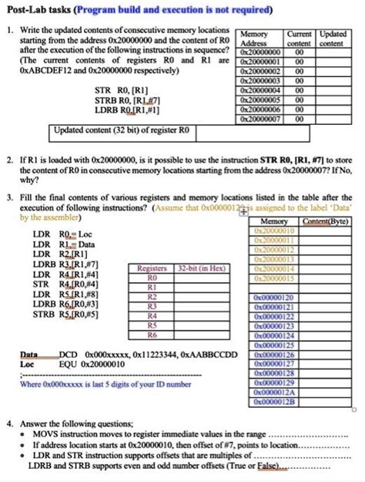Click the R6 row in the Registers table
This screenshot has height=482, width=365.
click(152, 335)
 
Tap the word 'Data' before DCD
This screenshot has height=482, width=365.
click(28, 354)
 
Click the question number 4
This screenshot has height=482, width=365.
click(8, 423)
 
